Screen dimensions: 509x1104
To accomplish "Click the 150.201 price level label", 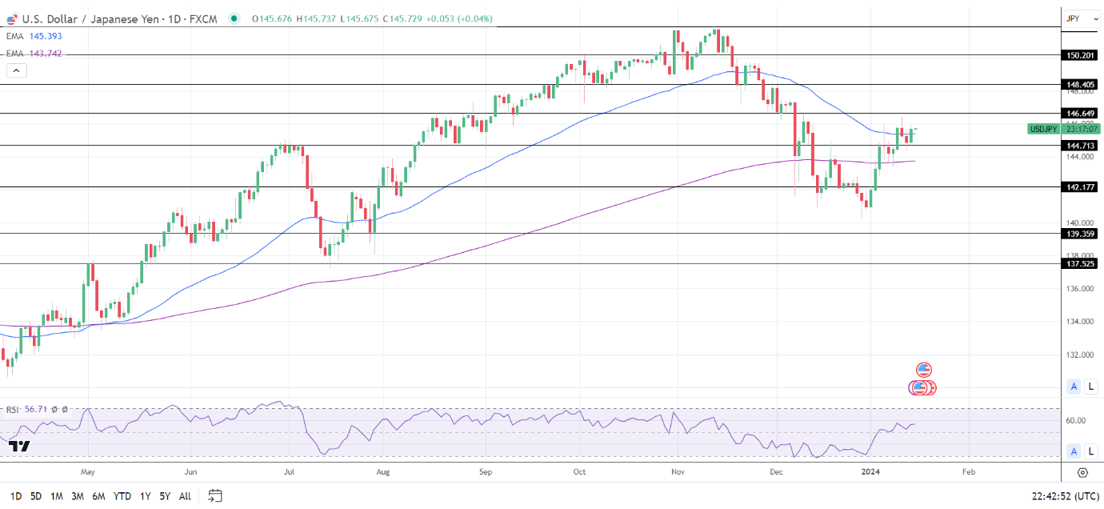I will tap(1080, 55).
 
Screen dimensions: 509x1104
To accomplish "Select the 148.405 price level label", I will tap(1080, 84).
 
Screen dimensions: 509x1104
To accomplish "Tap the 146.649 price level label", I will tap(1080, 114).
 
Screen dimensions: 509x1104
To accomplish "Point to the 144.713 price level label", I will tap(1080, 146).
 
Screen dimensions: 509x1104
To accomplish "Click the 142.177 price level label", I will tap(1080, 186).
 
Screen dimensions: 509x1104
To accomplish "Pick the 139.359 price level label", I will tap(1080, 234).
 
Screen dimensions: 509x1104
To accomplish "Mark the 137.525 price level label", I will tap(1080, 263).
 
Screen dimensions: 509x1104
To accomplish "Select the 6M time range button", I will tap(98, 496).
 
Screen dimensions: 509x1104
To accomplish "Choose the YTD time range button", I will tap(122, 496).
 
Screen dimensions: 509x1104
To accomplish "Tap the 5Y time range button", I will tap(164, 496).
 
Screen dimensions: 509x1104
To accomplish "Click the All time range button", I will tap(185, 496).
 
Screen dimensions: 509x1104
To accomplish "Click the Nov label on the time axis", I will tap(678, 472).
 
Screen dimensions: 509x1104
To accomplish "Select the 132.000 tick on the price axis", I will tap(1080, 355).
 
